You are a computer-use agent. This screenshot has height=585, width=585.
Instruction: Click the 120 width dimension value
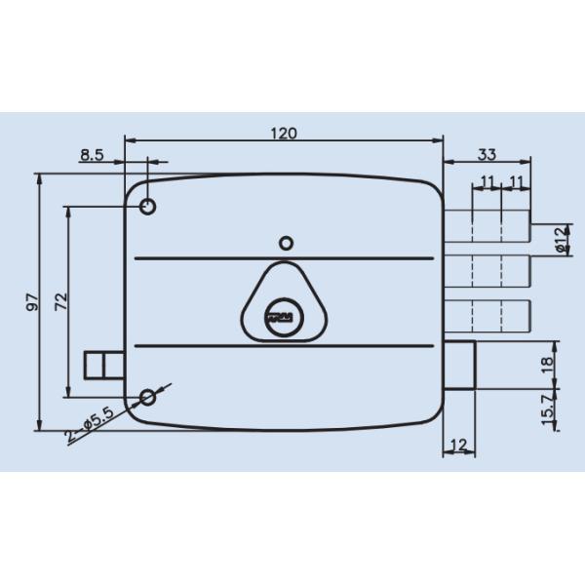284,134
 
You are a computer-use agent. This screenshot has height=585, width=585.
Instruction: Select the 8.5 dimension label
94,155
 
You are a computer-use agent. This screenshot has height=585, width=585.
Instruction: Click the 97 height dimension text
31,302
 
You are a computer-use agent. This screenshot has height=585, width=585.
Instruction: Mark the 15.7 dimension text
547,409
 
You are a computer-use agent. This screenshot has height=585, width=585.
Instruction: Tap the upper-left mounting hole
148,207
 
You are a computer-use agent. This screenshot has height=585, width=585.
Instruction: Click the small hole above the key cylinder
285,243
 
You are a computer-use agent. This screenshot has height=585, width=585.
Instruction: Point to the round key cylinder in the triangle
283,315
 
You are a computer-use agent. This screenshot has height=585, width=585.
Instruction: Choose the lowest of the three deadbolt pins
490,315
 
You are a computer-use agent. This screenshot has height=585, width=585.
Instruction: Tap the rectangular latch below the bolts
460,367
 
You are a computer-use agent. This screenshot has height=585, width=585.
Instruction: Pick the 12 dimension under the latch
459,446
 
